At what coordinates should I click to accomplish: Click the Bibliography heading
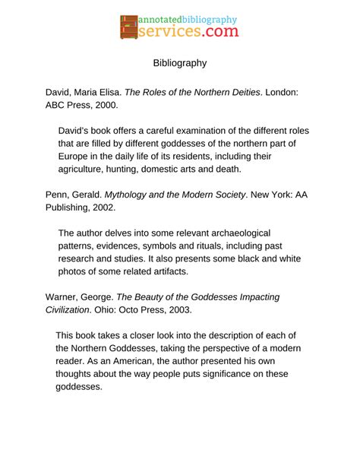pos(180,63)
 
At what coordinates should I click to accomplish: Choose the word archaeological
pos(234,233)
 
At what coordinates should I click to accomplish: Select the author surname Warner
pos(65,296)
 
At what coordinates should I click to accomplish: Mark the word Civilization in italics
pos(74,309)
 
